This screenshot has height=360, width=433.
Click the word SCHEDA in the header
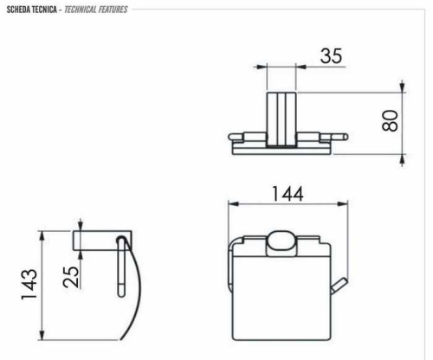click(x=20, y=10)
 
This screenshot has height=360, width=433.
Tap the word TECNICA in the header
click(x=46, y=10)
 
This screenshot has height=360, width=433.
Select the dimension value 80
click(x=393, y=122)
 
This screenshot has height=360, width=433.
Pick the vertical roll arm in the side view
click(x=115, y=268)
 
